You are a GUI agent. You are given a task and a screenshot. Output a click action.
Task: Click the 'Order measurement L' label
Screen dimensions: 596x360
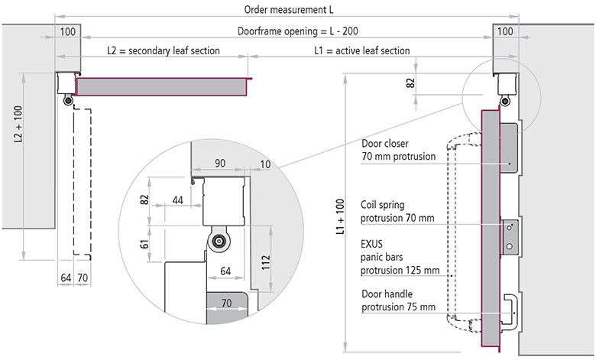tap(289, 9)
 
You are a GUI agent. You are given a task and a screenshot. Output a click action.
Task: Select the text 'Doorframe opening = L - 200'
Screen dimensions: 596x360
tap(298, 31)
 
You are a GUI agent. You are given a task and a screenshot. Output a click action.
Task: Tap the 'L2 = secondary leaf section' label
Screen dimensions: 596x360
tap(164, 50)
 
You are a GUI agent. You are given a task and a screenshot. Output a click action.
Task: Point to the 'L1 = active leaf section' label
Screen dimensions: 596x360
tap(362, 50)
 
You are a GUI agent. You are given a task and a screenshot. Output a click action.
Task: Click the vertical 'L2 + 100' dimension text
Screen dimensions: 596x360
tap(18, 124)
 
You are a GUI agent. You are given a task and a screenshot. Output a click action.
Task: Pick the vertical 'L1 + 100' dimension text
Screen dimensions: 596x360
tap(340, 216)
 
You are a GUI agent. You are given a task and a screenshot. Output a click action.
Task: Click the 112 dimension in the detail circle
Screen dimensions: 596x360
tap(266, 263)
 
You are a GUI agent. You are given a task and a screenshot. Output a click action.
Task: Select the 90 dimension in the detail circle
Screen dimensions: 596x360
tap(220, 163)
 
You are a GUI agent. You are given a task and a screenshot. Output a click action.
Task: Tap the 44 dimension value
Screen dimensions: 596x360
tap(177, 200)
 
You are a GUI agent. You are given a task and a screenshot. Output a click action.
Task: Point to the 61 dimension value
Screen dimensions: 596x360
tap(144, 244)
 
